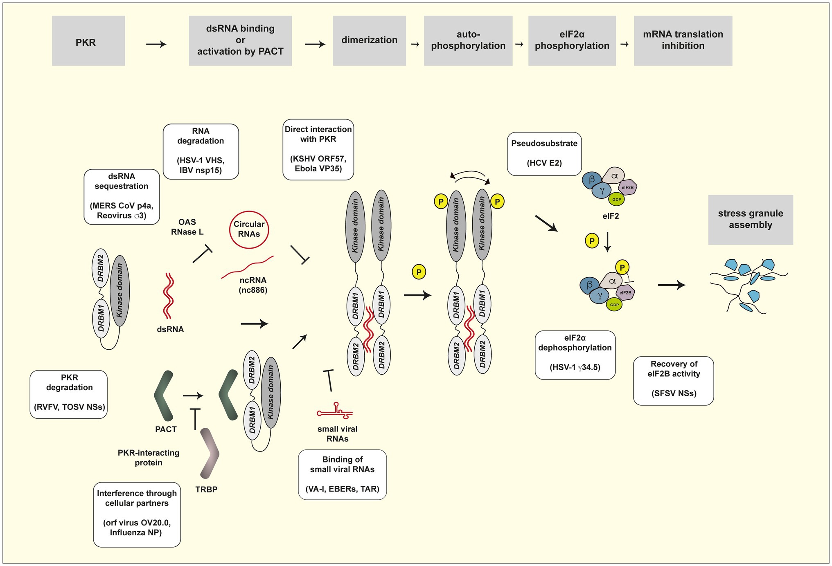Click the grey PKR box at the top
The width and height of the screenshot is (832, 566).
pyautogui.click(x=88, y=41)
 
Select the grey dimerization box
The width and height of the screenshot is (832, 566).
pyautogui.click(x=369, y=41)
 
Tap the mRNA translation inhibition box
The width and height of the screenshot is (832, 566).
pyautogui.click(x=683, y=41)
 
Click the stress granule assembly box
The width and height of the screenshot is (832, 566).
pyautogui.click(x=750, y=220)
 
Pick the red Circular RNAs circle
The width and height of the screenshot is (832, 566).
pyautogui.click(x=249, y=229)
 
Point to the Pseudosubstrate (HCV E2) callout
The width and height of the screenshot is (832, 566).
pyautogui.click(x=544, y=154)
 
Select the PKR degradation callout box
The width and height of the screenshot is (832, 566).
pyautogui.click(x=69, y=394)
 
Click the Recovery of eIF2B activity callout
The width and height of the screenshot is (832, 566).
pyautogui.click(x=673, y=381)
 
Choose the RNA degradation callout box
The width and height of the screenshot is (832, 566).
pyautogui.click(x=201, y=151)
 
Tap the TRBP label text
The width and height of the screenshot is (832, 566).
pyautogui.click(x=206, y=490)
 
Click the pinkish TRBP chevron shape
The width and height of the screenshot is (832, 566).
pyautogui.click(x=210, y=453)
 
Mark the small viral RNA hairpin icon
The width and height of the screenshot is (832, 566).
pyautogui.click(x=335, y=412)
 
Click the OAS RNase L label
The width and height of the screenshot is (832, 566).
pyautogui.click(x=187, y=227)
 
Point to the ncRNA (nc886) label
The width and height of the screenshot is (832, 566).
pyautogui.click(x=253, y=285)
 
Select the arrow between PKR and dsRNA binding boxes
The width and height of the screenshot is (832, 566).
pyautogui.click(x=156, y=44)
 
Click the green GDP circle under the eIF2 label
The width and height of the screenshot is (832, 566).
pyautogui.click(x=616, y=200)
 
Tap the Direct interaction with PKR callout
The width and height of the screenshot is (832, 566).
pyautogui.click(x=318, y=149)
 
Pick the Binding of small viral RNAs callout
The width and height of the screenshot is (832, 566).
pyautogui.click(x=342, y=474)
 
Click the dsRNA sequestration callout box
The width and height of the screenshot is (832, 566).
pyautogui.click(x=122, y=197)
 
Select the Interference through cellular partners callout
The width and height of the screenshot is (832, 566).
pyautogui.click(x=137, y=514)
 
